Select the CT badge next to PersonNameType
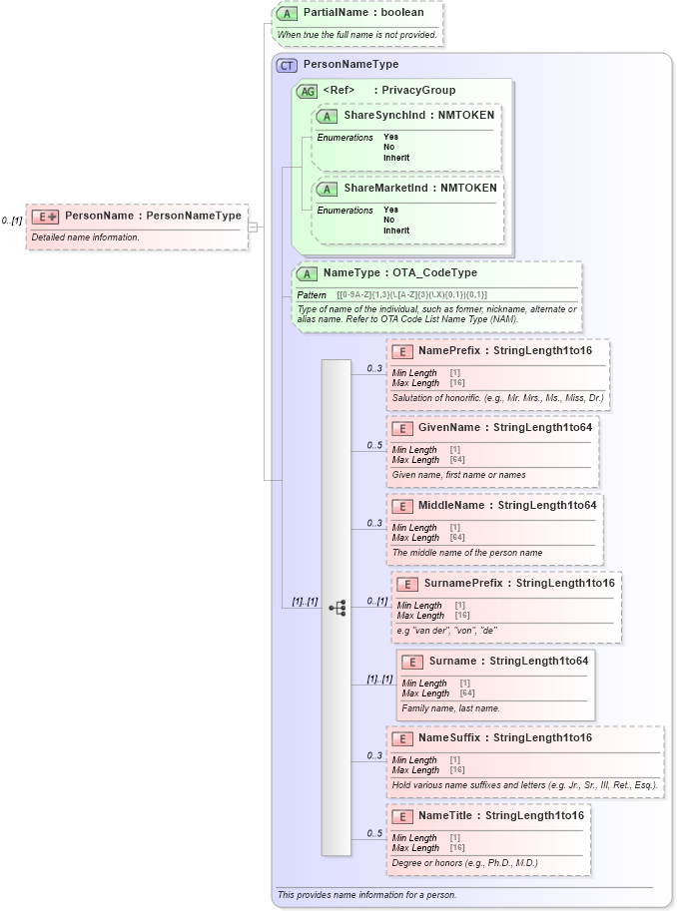click(x=287, y=65)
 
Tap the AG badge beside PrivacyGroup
click(x=307, y=91)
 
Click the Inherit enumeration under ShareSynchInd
click(x=396, y=158)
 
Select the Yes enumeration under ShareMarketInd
click(x=390, y=210)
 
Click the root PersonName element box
click(x=135, y=226)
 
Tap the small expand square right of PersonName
click(x=252, y=227)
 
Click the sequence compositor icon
click(x=337, y=607)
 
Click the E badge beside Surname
click(x=411, y=662)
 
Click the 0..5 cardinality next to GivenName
click(x=374, y=446)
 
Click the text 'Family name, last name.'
click(x=451, y=708)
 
